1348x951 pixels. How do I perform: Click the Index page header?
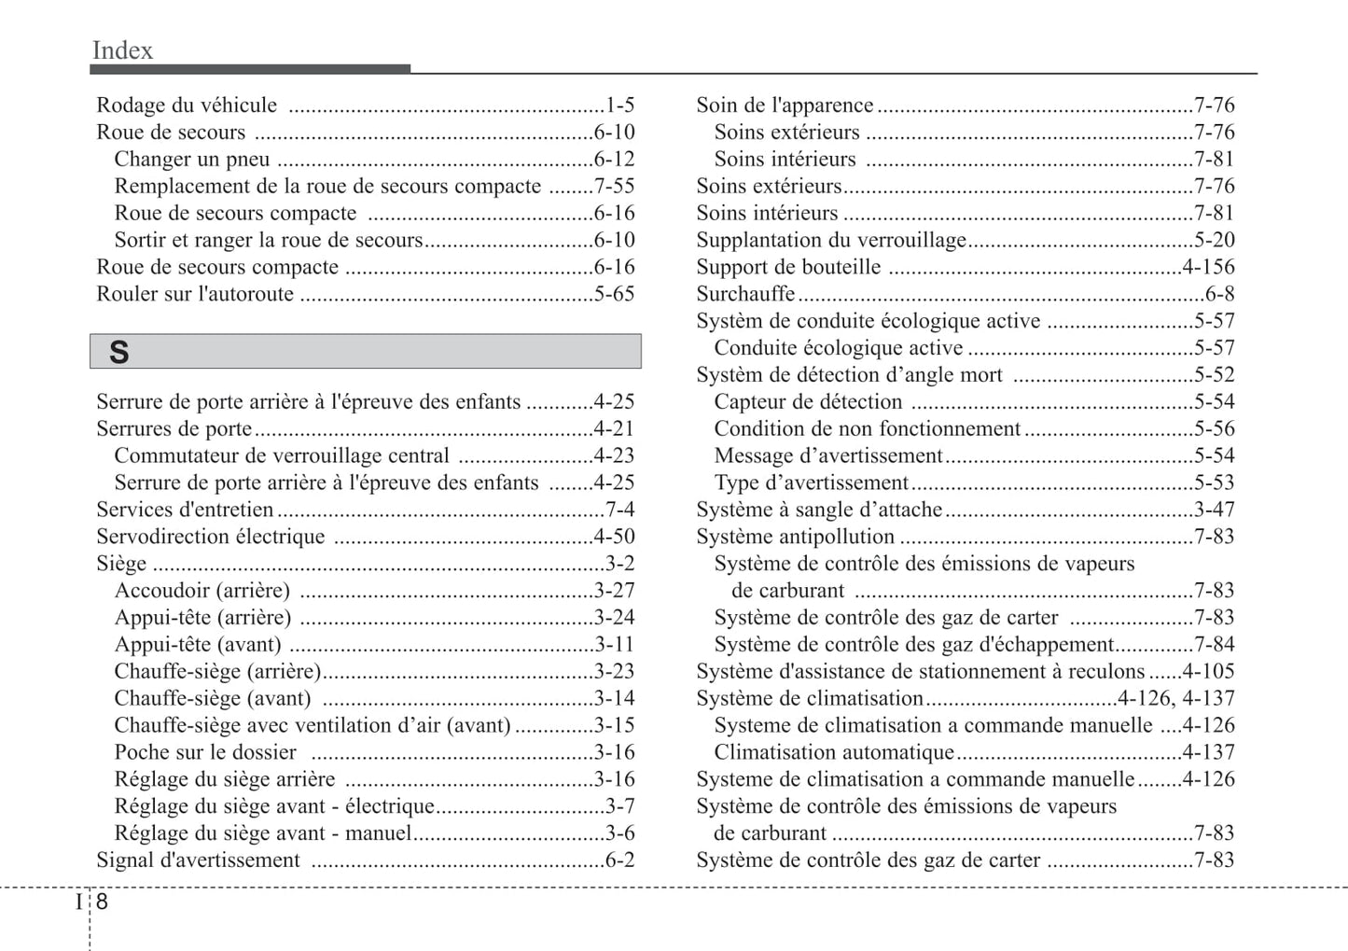[122, 50]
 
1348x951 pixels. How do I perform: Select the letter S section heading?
[118, 353]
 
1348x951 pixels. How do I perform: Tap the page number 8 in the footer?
[102, 902]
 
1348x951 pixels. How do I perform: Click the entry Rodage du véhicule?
[187, 105]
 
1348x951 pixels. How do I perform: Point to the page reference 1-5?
[620, 105]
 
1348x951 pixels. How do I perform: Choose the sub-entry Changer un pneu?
[192, 160]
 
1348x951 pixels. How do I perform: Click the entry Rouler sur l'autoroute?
[195, 294]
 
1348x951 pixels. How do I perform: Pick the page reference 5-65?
[615, 294]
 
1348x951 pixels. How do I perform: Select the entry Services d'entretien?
[185, 510]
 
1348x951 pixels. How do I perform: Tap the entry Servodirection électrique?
[211, 537]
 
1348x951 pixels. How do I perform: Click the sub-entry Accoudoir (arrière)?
[202, 591]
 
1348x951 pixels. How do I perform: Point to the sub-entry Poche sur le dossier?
[205, 752]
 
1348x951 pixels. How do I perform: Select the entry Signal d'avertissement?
[198, 860]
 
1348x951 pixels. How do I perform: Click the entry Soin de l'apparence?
[785, 105]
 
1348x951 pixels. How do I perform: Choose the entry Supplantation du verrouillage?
[831, 240]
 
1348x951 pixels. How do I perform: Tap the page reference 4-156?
[1208, 267]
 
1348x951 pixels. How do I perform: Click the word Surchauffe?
[745, 294]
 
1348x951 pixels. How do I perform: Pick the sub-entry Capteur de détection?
[808, 402]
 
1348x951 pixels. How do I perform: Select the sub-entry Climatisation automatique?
[834, 752]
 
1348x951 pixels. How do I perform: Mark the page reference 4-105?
[1208, 672]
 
